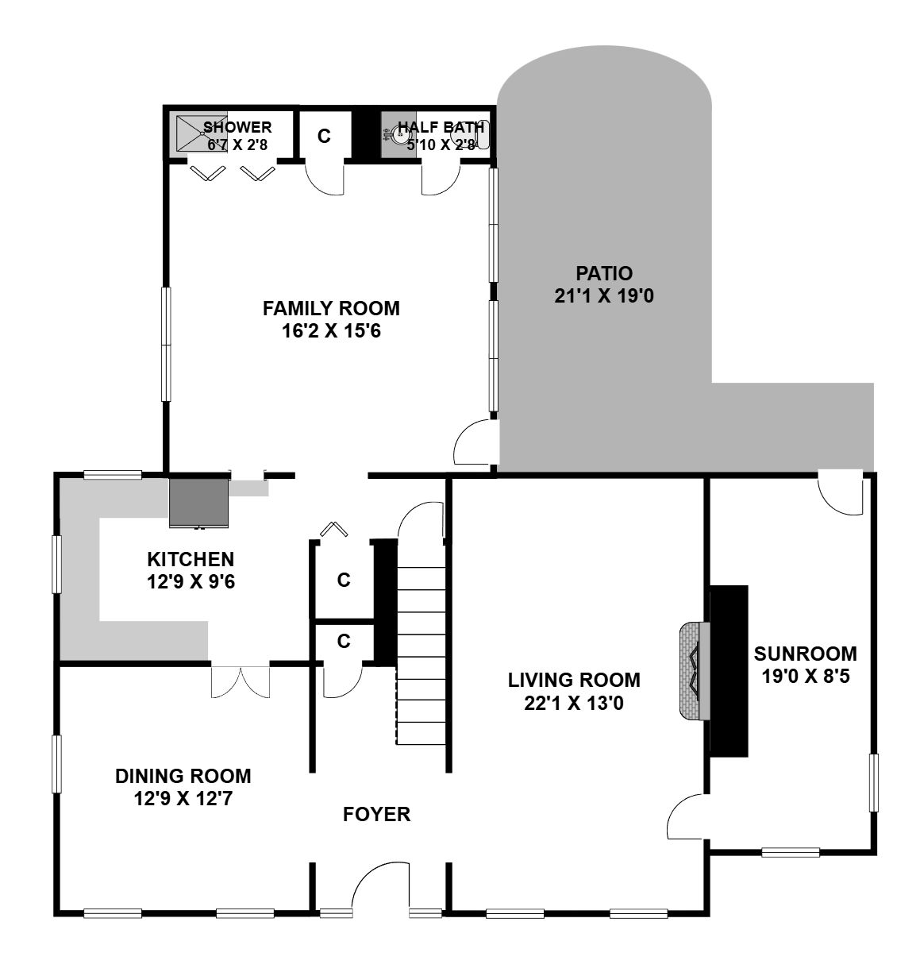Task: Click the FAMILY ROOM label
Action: coord(331,308)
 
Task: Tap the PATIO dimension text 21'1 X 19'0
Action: coord(603,296)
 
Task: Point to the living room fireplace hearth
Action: coord(695,671)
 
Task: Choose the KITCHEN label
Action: coord(191,559)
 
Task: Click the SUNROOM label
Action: coord(806,654)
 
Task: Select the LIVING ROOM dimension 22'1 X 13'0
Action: coord(574,704)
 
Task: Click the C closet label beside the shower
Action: coord(324,136)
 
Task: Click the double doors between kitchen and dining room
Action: coord(241,682)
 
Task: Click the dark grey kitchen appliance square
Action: coord(198,502)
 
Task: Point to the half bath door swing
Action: coord(441,177)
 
